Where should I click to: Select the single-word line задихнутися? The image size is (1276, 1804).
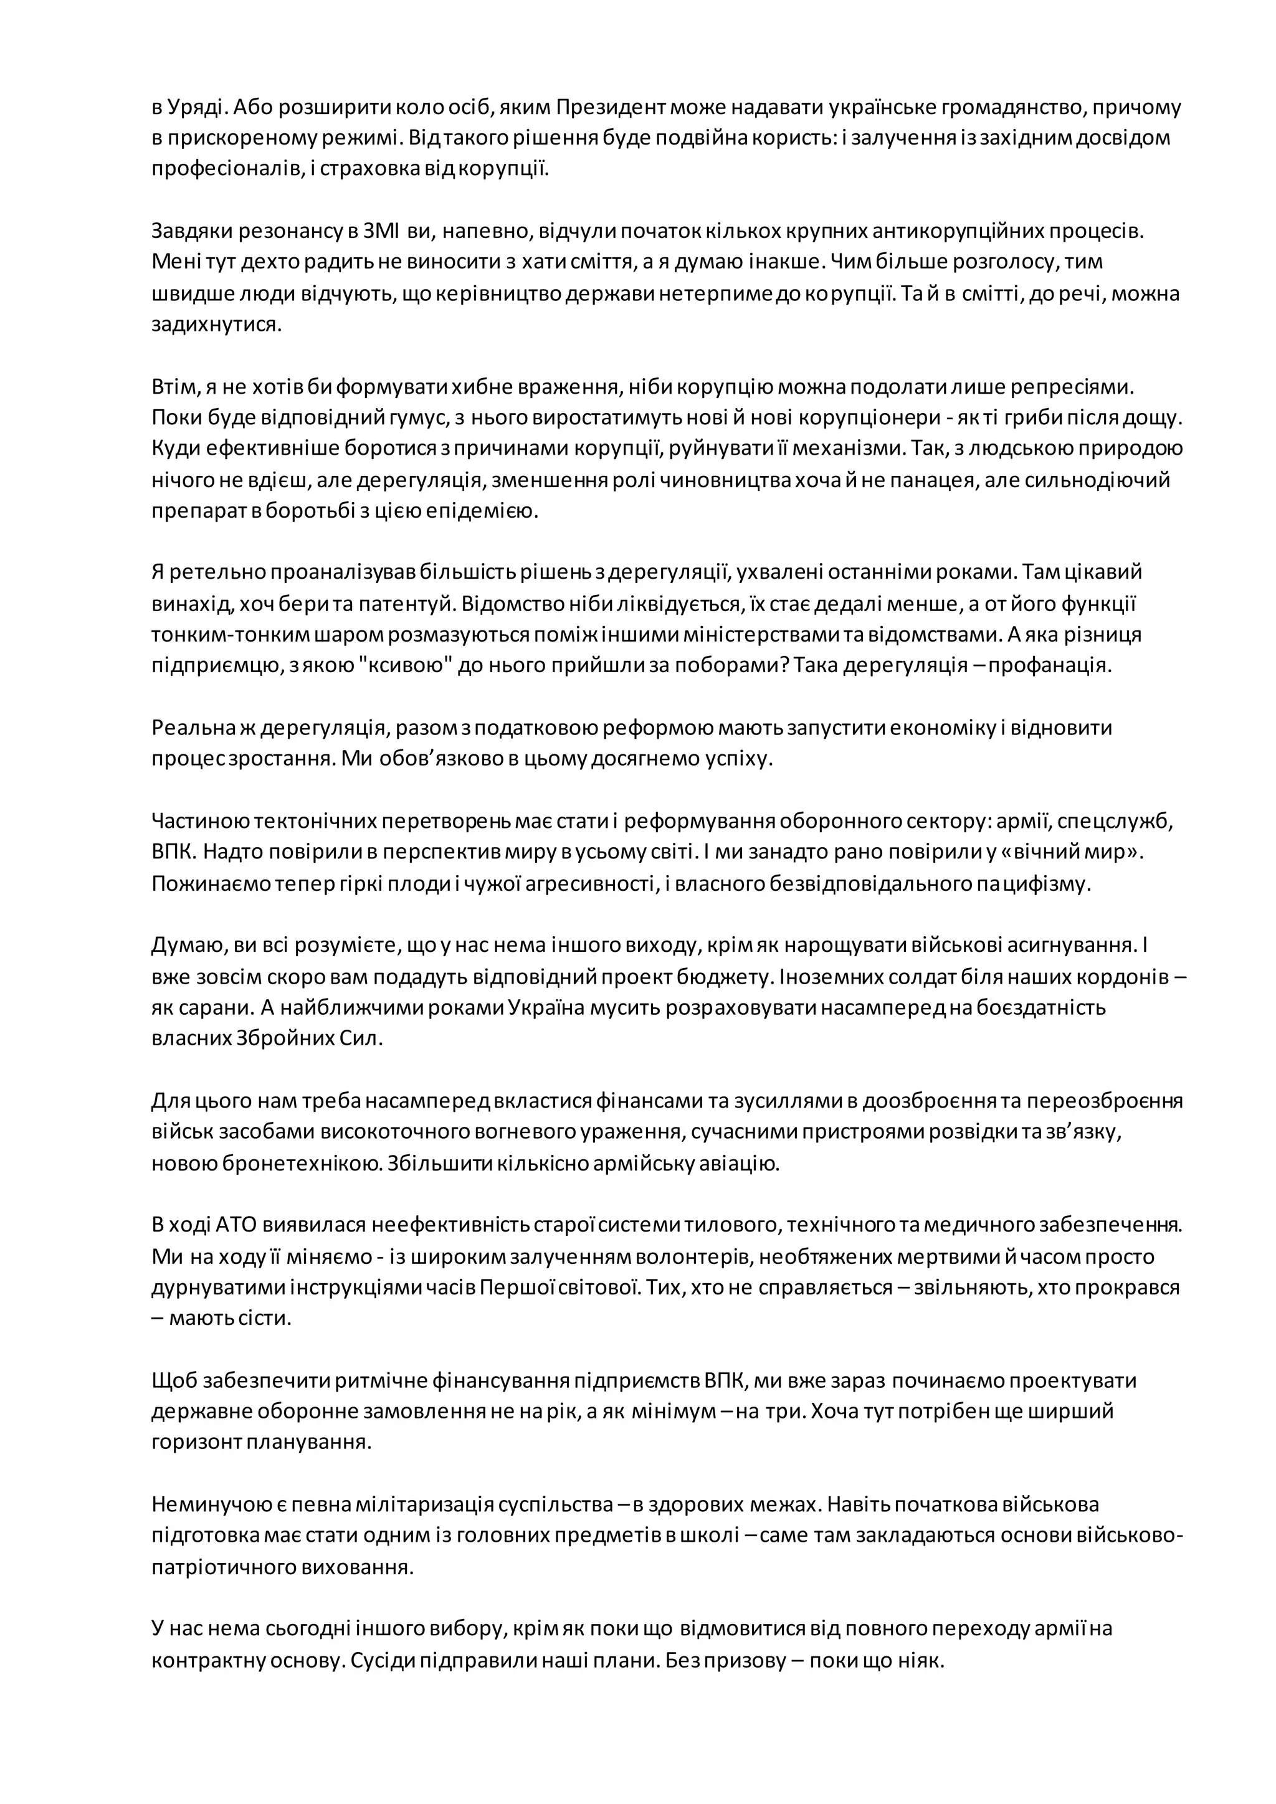(x=216, y=325)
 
